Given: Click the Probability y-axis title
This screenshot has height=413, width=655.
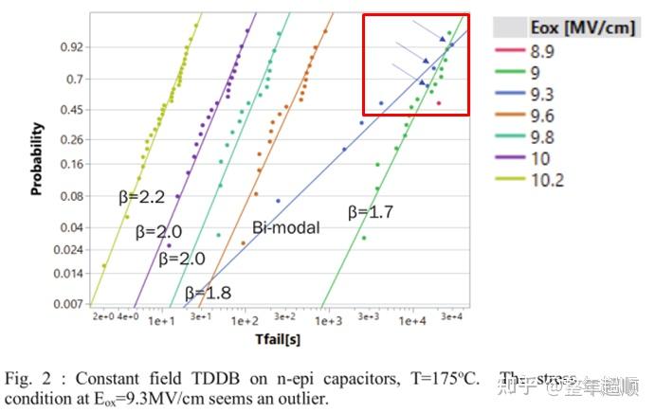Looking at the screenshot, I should pos(37,157).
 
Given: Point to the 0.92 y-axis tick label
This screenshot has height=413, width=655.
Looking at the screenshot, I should pos(72,46).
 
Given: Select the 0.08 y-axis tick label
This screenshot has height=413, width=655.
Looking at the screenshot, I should pos(72,197).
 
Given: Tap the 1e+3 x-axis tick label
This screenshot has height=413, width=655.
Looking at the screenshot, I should pos(328,321).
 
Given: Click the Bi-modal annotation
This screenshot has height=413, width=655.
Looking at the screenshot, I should pos(285,228).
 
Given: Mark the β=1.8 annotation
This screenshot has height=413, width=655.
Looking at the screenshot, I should pos(208,293).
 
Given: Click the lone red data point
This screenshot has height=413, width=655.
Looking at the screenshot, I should pos(439,102).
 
